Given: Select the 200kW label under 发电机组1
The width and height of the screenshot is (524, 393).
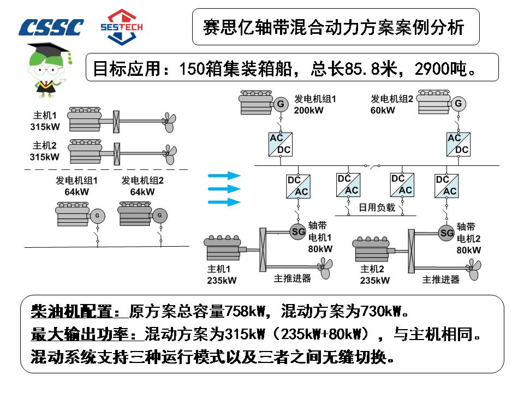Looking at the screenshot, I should tap(309, 110).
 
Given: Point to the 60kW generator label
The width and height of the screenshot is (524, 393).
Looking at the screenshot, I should tap(383, 110).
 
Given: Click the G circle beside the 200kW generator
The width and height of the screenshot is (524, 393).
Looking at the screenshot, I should tap(281, 103).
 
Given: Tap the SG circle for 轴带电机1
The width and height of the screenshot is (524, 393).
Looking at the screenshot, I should tap(298, 231).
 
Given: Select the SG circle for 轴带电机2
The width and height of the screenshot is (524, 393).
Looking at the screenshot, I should tap(446, 233).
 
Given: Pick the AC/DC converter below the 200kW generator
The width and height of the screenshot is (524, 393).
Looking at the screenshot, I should tap(281, 144).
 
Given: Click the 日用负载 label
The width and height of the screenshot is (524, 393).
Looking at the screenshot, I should tap(376, 207).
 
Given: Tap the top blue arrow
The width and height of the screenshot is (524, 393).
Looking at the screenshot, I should tap(224, 176).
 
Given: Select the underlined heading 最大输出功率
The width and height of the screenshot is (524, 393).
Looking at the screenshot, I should tap(86, 334).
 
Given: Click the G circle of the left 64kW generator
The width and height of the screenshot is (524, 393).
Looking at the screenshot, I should tap(98, 216).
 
